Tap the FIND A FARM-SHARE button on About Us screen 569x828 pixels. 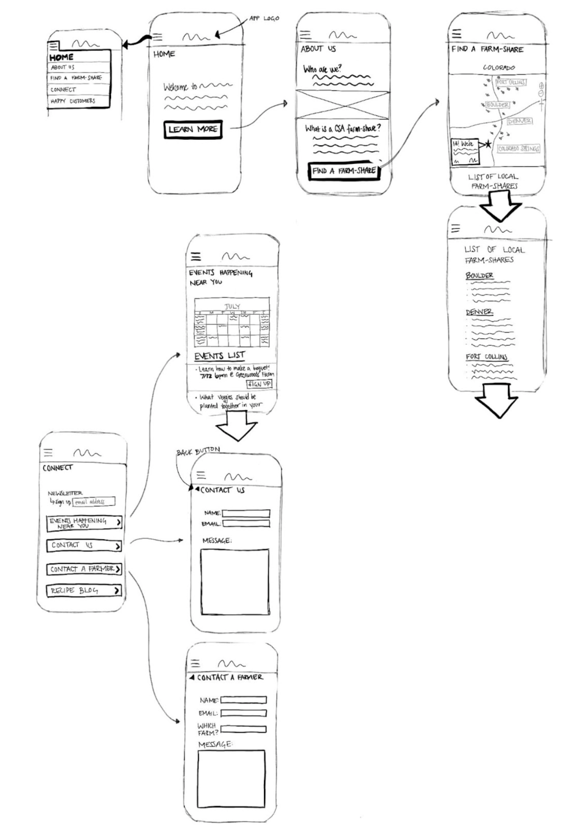click(344, 171)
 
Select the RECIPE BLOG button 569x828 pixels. click(84, 591)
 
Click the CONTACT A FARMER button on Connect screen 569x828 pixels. click(84, 569)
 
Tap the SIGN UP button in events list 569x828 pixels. click(259, 384)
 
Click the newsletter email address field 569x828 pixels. click(94, 502)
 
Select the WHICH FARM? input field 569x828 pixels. click(244, 729)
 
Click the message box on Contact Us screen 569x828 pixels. click(234, 581)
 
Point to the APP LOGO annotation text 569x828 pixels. click(264, 18)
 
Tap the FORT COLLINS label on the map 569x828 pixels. click(510, 82)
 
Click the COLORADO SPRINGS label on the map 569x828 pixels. click(518, 149)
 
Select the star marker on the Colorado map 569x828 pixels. click(488, 145)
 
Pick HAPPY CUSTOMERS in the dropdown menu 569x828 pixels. click(73, 101)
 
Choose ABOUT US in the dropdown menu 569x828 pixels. click(62, 68)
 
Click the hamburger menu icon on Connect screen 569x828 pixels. click(48, 452)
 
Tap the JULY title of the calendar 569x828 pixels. click(232, 307)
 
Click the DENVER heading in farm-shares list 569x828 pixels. click(479, 312)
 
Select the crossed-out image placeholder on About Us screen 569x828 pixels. click(343, 104)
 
